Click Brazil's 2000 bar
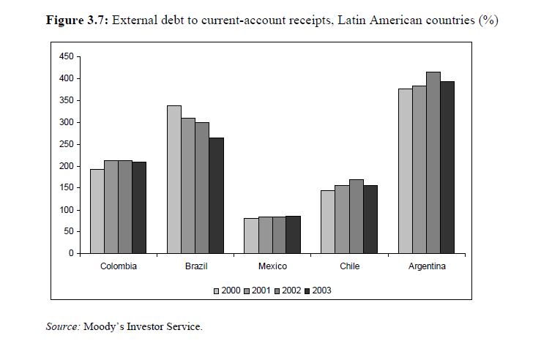click(174, 179)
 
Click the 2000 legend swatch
click(217, 290)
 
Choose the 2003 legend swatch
click(307, 290)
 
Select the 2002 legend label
click(291, 290)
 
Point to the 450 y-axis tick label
click(66, 56)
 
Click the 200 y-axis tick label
click(66, 166)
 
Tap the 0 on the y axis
click(70, 253)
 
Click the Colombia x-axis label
click(119, 266)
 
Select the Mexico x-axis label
click(272, 266)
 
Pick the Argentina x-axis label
click(427, 266)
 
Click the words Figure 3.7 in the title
click(76, 20)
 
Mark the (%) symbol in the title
click(488, 20)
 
